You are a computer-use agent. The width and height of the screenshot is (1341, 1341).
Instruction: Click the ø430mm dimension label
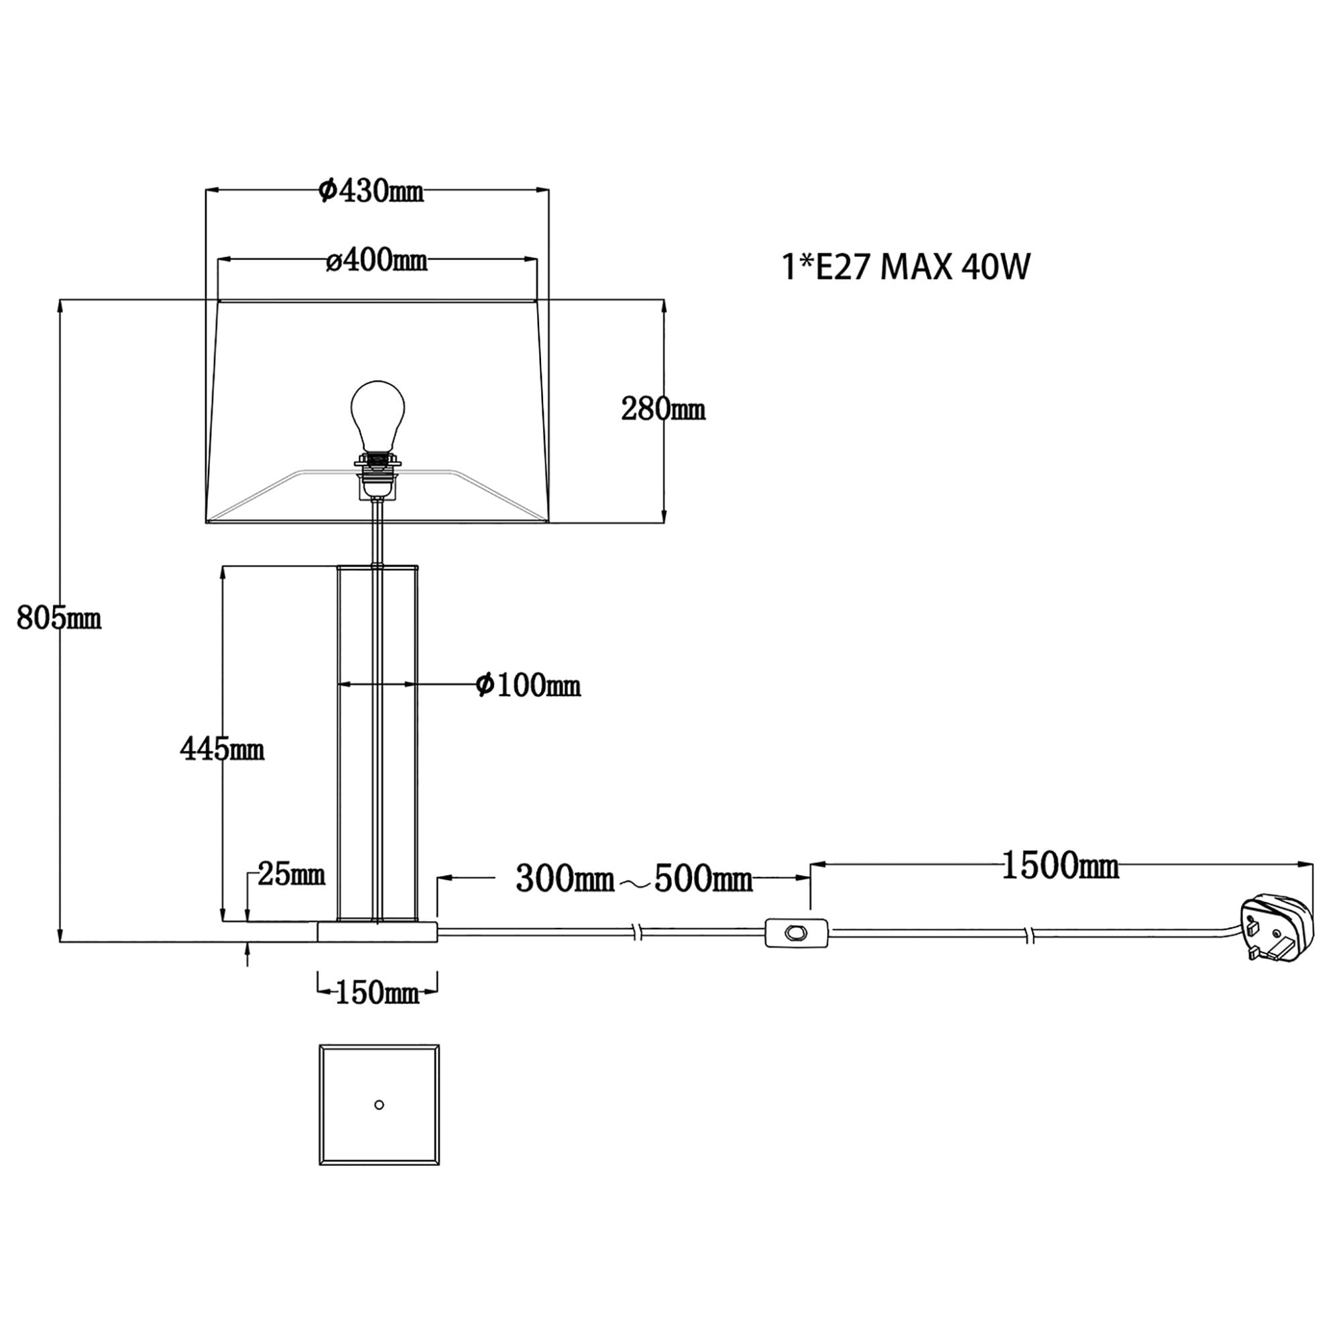point(371,191)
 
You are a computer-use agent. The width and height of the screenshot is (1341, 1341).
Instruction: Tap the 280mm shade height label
point(663,409)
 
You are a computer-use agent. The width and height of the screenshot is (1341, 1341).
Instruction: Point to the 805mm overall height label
point(59,617)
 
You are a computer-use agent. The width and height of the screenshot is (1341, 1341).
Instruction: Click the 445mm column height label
point(222,749)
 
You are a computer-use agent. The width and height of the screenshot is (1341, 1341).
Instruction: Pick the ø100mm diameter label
point(528,685)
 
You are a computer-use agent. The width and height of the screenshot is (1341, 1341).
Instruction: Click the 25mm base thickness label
point(291,874)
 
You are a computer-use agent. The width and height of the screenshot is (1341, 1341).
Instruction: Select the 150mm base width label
point(377,993)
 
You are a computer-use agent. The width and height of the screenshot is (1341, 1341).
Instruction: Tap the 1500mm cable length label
point(1060,867)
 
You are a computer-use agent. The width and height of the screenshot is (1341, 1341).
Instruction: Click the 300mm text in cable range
point(565,880)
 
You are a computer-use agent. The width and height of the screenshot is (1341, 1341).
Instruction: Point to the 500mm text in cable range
point(703,880)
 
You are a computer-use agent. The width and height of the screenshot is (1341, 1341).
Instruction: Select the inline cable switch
point(796,933)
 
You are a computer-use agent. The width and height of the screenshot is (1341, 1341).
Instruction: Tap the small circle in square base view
point(379,1105)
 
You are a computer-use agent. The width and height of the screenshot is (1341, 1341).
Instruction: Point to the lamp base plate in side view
point(377,932)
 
